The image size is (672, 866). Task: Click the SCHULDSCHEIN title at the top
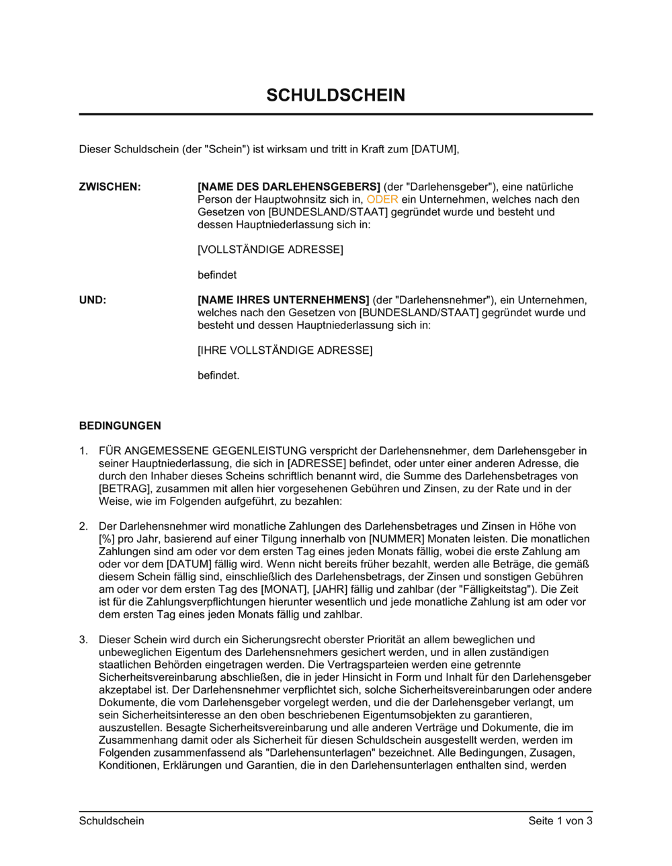(x=335, y=95)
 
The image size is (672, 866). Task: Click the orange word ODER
(x=382, y=199)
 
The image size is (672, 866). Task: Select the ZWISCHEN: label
(x=110, y=187)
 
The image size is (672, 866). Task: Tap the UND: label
(x=93, y=300)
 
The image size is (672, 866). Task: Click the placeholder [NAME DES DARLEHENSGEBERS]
(x=289, y=187)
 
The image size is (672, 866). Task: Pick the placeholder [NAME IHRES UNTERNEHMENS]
(x=284, y=300)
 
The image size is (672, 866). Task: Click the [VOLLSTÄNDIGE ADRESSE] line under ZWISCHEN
(x=270, y=250)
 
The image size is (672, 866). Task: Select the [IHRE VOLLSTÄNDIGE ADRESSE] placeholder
(x=285, y=350)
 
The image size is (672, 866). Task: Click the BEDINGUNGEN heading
(x=120, y=426)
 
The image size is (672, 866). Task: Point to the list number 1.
(x=83, y=451)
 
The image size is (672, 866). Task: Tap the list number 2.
(x=83, y=526)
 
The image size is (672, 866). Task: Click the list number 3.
(x=83, y=640)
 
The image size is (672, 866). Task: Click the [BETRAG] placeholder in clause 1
(x=124, y=489)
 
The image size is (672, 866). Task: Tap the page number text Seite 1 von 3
(x=560, y=820)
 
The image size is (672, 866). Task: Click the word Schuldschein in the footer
(x=112, y=820)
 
